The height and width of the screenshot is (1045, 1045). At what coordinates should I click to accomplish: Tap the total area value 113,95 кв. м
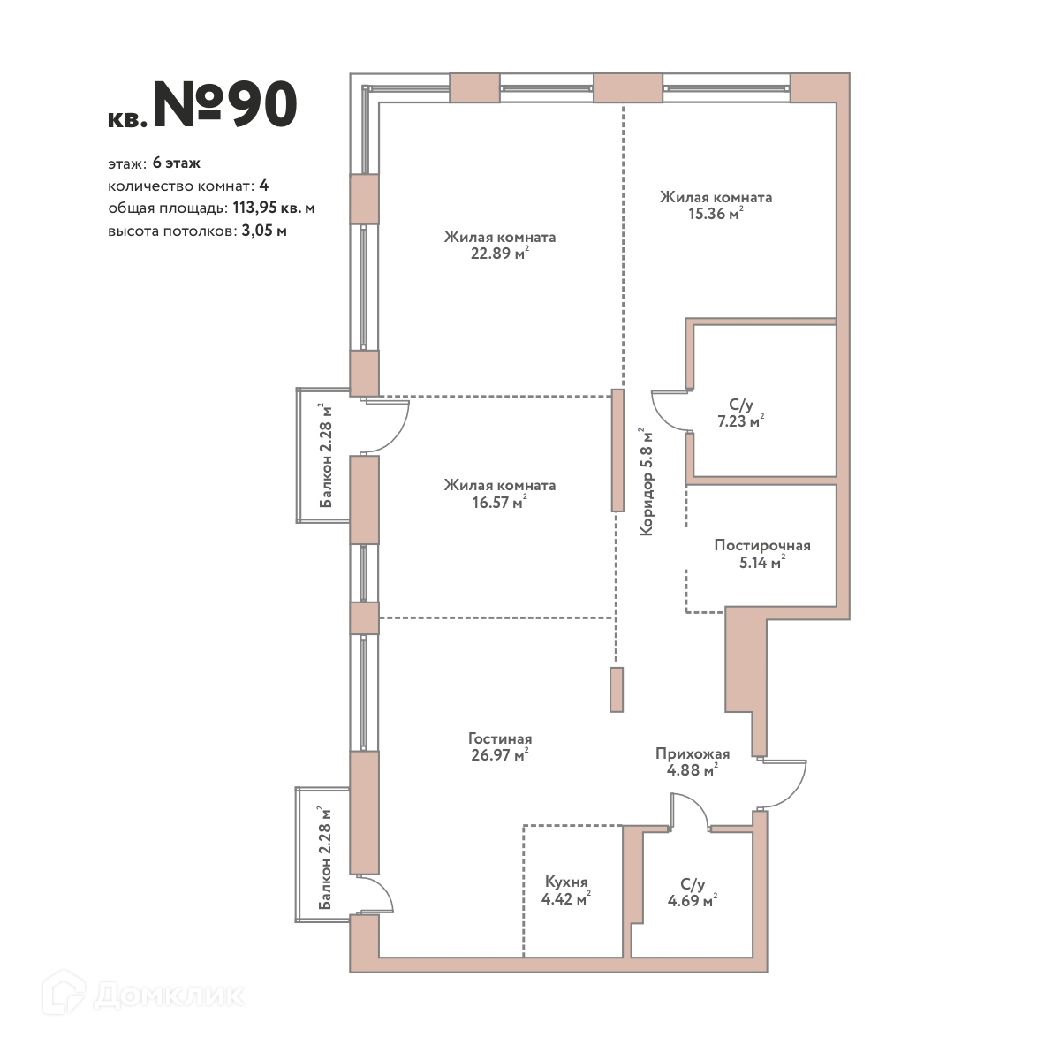point(274,208)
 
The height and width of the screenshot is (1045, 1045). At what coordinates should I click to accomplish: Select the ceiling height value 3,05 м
point(264,231)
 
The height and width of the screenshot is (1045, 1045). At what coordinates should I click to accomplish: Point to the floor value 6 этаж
point(177,163)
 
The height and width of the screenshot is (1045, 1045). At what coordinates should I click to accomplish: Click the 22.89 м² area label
point(500,253)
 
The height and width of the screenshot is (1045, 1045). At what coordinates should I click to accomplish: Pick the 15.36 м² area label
point(716,213)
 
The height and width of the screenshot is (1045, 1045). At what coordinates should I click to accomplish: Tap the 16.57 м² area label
point(500,502)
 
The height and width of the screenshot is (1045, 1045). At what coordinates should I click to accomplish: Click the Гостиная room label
point(500,738)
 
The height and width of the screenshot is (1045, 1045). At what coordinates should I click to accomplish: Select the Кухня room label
point(566,882)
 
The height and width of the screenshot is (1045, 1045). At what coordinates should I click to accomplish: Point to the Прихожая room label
point(693,753)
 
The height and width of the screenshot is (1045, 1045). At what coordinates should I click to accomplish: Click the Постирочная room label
point(762,545)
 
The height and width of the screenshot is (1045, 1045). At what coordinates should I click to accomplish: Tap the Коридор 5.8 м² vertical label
point(647,481)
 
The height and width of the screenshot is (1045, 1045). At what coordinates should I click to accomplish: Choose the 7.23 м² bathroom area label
point(740,421)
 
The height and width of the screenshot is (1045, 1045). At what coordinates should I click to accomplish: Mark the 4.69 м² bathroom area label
point(693,900)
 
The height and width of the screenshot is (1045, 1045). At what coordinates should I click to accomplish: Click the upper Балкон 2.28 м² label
point(325,455)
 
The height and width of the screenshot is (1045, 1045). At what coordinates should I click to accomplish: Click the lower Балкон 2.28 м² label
point(324,858)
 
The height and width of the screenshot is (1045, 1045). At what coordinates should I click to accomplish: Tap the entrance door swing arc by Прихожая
point(796,791)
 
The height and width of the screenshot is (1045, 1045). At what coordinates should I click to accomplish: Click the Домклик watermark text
point(169,996)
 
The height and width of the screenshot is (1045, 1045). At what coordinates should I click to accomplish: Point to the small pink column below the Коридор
point(617,689)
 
